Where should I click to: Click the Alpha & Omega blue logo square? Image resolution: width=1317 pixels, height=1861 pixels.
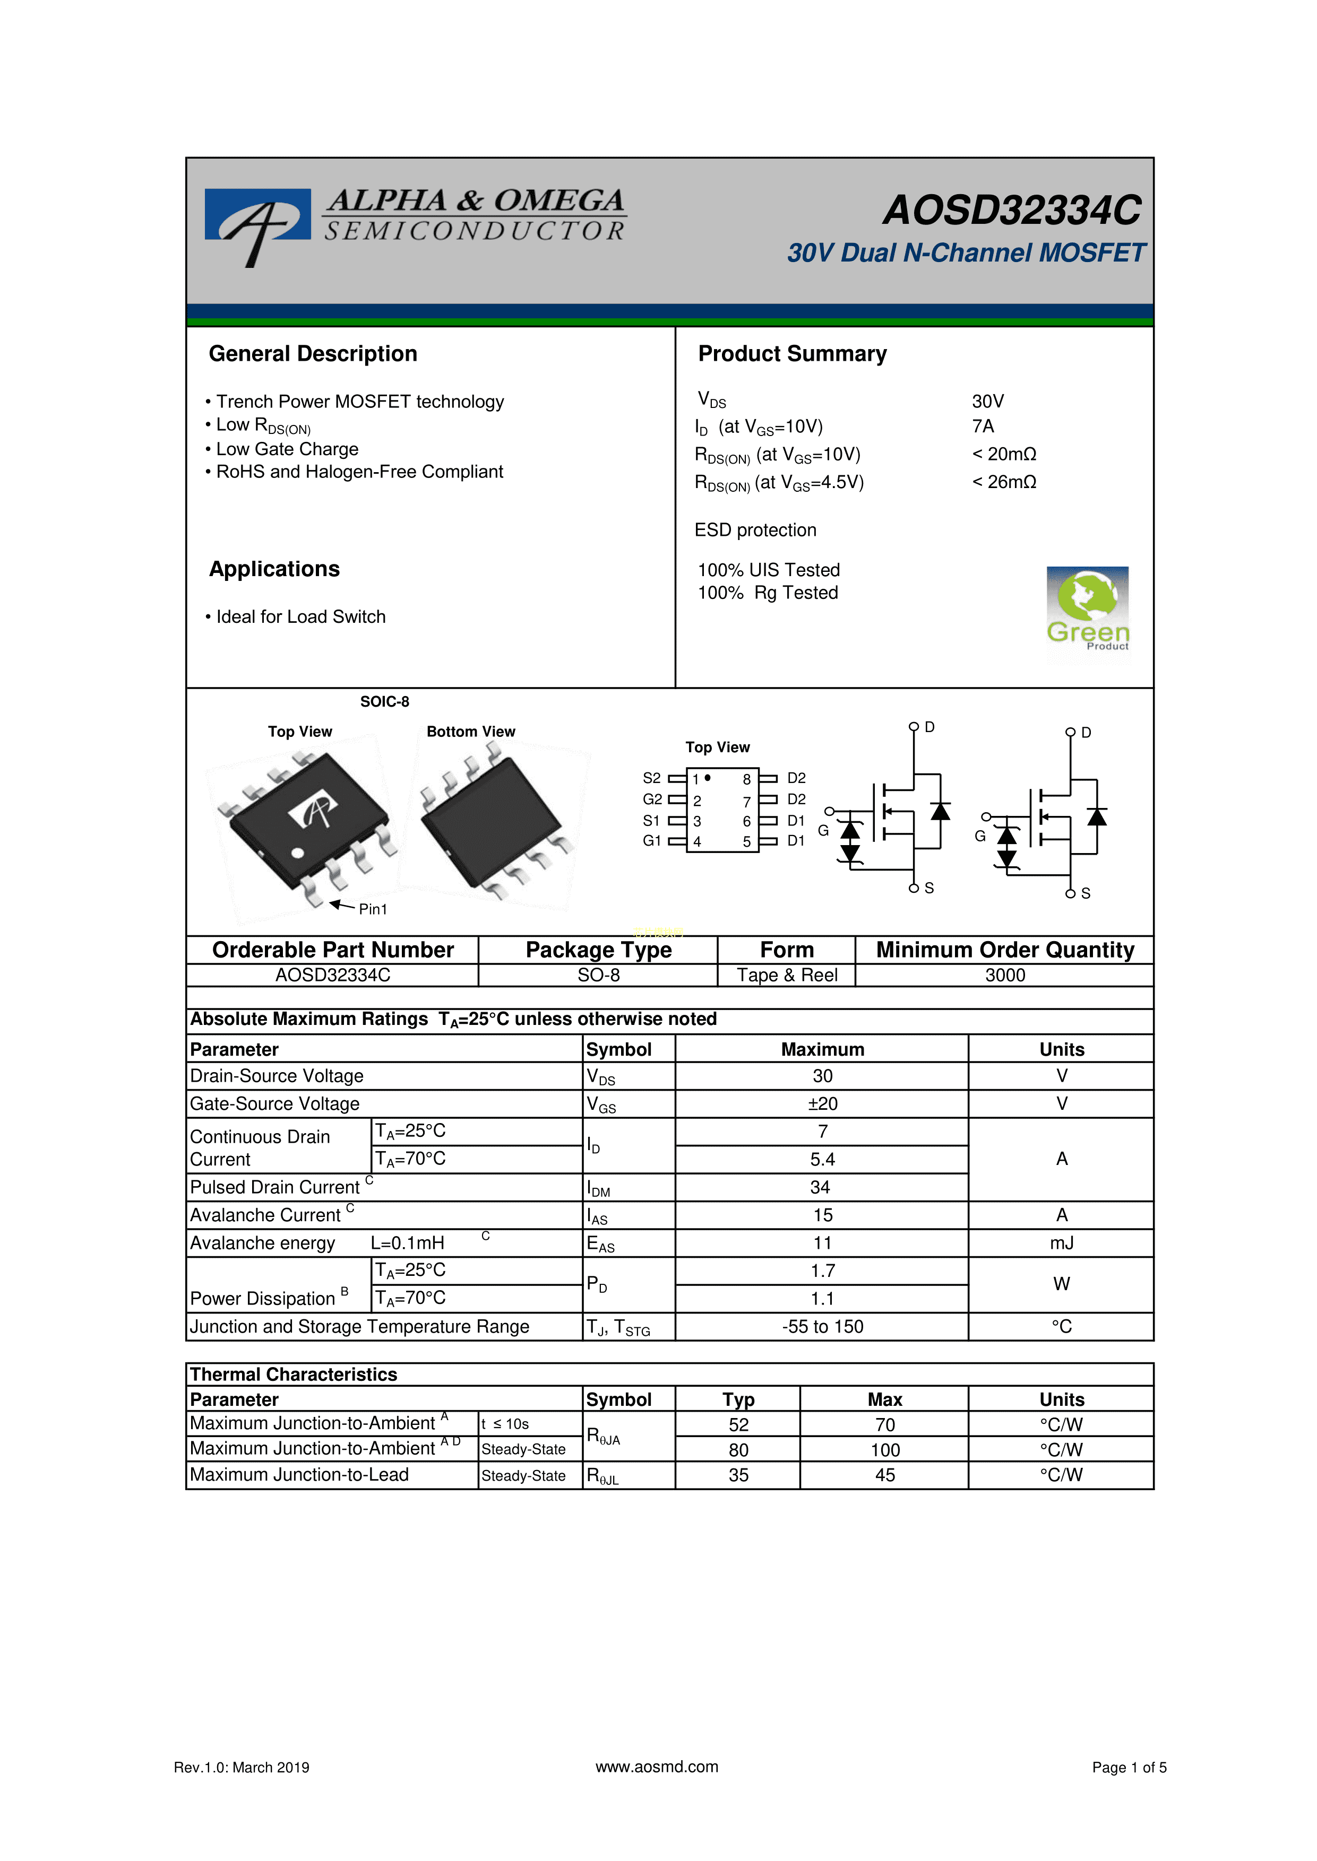[257, 215]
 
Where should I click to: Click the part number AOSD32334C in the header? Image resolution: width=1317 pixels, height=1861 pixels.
[1012, 211]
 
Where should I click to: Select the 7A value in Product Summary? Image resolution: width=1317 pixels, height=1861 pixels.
[983, 427]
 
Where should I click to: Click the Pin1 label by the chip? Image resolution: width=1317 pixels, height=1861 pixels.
[373, 909]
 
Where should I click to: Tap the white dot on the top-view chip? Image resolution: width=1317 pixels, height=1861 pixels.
[298, 853]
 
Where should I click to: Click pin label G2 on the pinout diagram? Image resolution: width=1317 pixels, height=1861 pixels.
[652, 799]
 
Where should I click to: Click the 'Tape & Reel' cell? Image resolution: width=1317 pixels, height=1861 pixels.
[787, 975]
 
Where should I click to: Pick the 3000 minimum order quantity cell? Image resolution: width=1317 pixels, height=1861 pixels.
[1005, 975]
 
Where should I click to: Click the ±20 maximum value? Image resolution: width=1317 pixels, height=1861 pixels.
[822, 1104]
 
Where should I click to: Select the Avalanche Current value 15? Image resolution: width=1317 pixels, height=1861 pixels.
[822, 1215]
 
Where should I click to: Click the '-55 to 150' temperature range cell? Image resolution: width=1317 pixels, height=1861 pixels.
[822, 1326]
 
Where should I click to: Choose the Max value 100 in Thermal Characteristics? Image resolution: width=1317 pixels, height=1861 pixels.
[885, 1450]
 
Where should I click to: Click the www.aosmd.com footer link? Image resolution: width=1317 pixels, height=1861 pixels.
[657, 1767]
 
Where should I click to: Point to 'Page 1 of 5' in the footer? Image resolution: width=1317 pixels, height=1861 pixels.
[1129, 1768]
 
